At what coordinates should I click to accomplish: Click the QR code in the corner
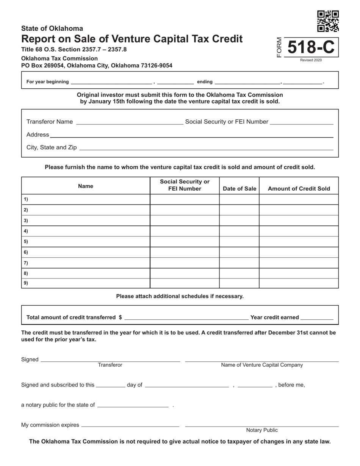tap(328, 21)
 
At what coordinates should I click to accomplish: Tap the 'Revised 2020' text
tap(311, 60)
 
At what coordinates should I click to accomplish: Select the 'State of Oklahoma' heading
tap(52, 28)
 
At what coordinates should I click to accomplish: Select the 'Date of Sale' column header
tap(239, 189)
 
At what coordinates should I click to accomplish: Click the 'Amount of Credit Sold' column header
tap(299, 189)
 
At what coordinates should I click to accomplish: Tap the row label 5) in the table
tap(26, 242)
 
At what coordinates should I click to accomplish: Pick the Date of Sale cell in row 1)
tap(239, 199)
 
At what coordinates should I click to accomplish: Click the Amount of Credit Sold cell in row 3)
tap(299, 220)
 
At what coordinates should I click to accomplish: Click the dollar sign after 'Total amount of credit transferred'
tap(120, 317)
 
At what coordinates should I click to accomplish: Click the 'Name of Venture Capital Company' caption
tap(262, 365)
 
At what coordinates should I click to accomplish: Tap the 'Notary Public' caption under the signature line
tap(262, 430)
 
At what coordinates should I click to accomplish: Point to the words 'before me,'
tap(291, 385)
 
